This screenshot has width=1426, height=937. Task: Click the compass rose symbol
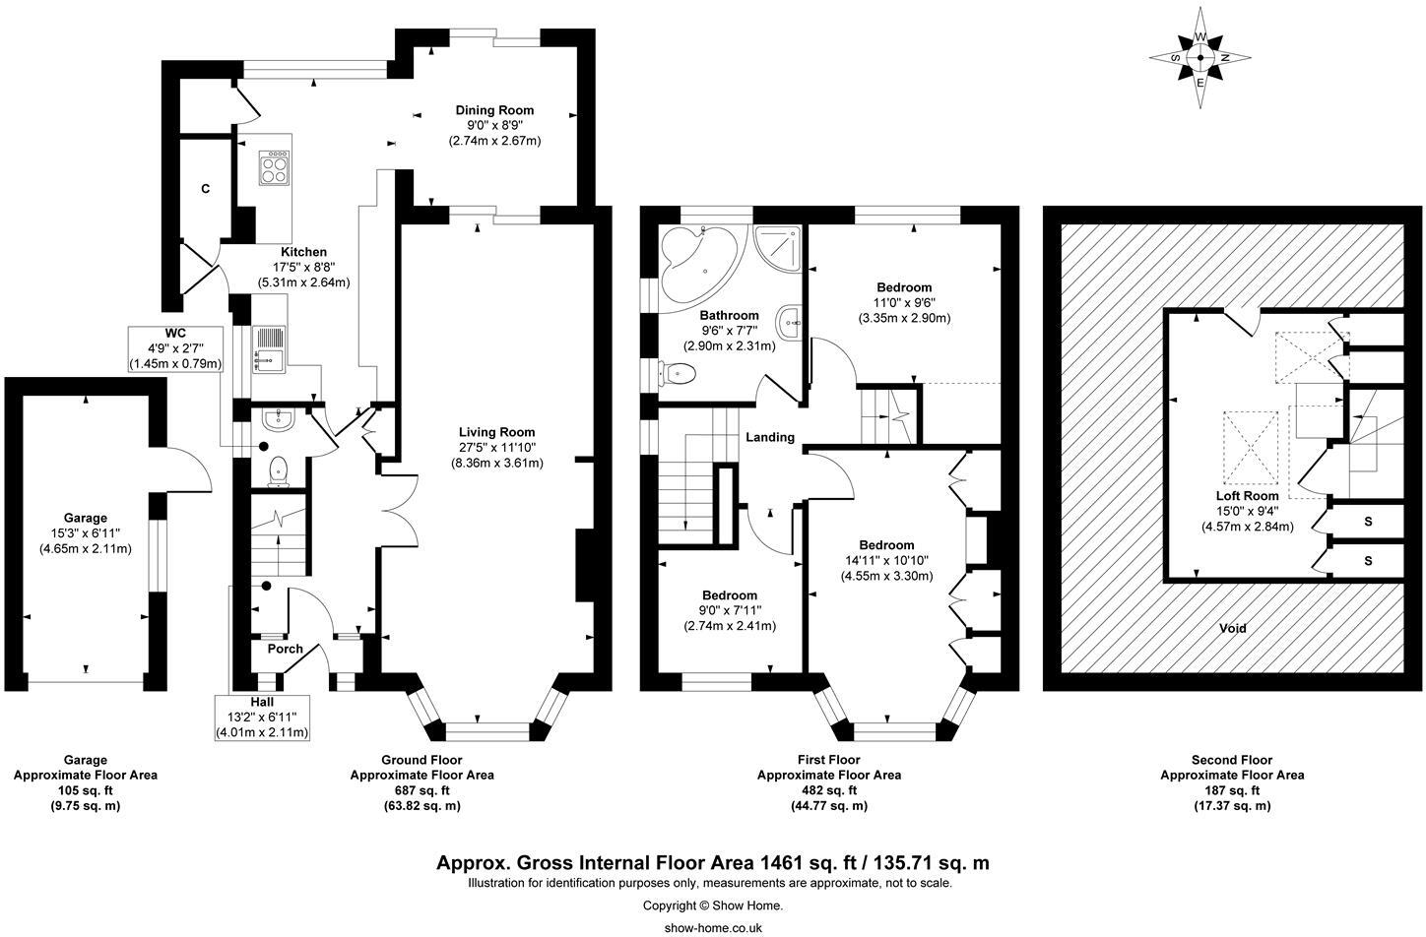point(1200,59)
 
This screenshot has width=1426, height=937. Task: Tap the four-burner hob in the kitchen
point(274,168)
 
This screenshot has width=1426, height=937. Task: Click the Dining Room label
point(494,110)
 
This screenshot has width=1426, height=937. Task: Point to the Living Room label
point(496,431)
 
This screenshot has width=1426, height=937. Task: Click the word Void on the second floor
point(1232,628)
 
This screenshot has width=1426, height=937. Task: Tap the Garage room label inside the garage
point(85,518)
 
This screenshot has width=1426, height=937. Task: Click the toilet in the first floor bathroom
point(679,373)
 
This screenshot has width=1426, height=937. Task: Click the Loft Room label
point(1246,496)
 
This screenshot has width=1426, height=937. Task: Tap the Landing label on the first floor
point(769,437)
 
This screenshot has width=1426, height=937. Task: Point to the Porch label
point(286,649)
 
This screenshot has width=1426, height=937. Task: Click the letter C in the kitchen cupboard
point(206,188)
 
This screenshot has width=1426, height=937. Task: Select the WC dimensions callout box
point(176,348)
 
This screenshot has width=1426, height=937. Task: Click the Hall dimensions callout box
point(261,717)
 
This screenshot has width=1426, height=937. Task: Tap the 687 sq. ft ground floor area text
point(421,790)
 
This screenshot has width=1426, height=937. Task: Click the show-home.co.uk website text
point(713,927)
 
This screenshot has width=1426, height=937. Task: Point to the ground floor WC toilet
point(279,470)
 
